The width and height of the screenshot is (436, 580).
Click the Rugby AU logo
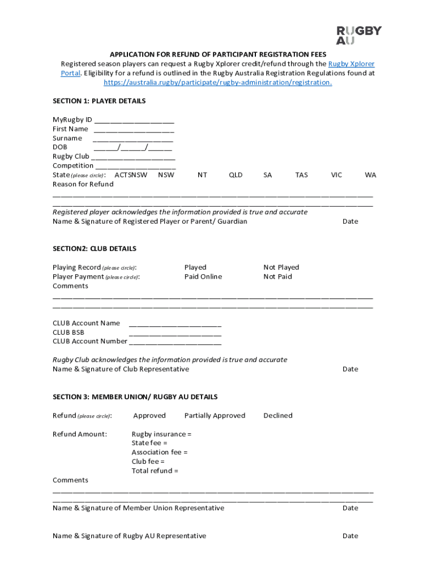359,35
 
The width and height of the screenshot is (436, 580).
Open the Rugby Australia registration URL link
217,83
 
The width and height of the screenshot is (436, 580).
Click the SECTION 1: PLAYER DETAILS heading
99,101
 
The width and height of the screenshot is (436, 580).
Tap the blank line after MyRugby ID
134,120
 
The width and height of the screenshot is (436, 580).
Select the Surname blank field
132,139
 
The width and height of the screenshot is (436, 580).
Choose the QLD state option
236,175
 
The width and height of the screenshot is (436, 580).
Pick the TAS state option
301,175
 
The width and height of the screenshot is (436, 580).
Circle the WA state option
370,175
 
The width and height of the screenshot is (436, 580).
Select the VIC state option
336,175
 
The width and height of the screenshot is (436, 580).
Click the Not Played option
281,267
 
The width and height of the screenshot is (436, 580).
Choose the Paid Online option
203,277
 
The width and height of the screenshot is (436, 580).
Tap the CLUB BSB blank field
175,333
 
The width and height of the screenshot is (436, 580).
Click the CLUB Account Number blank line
175,342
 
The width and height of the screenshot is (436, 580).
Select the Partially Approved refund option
215,416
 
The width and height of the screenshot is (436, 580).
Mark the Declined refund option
277,416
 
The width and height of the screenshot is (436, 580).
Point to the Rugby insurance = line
161,434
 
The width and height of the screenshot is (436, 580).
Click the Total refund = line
155,471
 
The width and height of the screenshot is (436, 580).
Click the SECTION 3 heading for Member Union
135,397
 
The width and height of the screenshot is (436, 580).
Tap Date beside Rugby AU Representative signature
350,536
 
